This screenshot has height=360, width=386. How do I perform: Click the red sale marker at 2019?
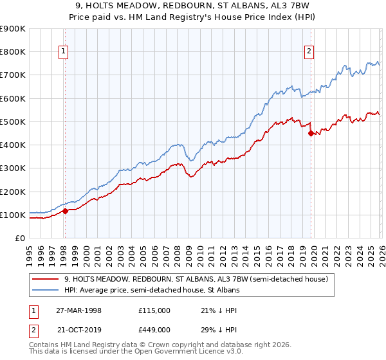point(311,134)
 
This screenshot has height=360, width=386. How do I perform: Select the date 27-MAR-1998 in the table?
point(78,310)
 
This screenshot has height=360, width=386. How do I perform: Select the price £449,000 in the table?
point(154,328)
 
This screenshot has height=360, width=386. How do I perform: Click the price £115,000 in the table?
point(154,310)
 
